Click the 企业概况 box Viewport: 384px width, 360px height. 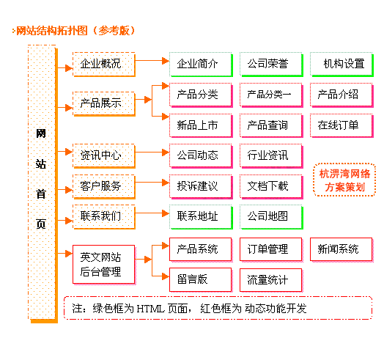pyautogui.click(x=104, y=65)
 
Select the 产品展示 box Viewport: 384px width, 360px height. pyautogui.click(x=104, y=103)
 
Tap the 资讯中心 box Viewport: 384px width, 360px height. pyautogui.click(x=104, y=156)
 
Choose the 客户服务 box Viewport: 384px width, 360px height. pyautogui.click(x=104, y=186)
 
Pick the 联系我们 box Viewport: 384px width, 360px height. pyautogui.click(x=104, y=217)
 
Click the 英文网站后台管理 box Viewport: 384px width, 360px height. pyautogui.click(x=104, y=265)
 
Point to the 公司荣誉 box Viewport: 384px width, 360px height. pyautogui.click(x=271, y=65)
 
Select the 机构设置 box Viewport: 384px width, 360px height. pyautogui.click(x=342, y=65)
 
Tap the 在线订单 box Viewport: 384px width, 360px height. pyautogui.click(x=342, y=125)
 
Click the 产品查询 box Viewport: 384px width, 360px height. pyautogui.click(x=271, y=125)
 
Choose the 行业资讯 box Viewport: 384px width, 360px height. pyautogui.click(x=271, y=156)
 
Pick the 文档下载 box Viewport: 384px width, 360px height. pyautogui.click(x=271, y=186)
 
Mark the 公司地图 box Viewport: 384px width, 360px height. pyautogui.click(x=271, y=217)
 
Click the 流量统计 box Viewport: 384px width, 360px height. pyautogui.click(x=271, y=280)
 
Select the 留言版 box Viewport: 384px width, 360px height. pyautogui.click(x=201, y=280)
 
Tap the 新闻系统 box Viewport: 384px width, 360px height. pyautogui.click(x=342, y=250)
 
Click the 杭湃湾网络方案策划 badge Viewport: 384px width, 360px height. pyautogui.click(x=344, y=180)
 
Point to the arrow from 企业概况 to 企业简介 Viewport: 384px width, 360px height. pyautogui.click(x=152, y=61)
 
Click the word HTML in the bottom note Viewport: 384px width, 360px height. pyautogui.click(x=150, y=309)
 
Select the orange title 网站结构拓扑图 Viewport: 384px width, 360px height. pyautogui.click(x=52, y=31)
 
